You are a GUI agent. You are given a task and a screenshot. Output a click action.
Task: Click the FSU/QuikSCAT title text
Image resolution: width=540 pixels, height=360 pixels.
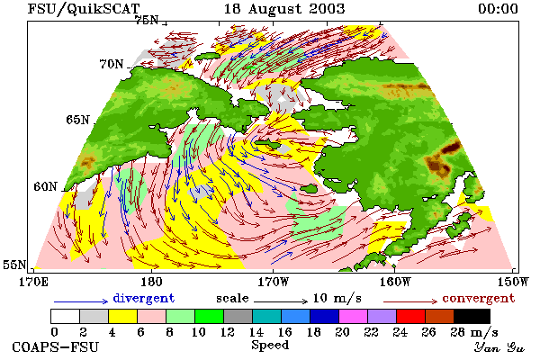(84, 9)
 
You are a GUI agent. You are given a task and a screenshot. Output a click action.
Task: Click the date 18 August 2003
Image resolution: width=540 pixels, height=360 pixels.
(284, 9)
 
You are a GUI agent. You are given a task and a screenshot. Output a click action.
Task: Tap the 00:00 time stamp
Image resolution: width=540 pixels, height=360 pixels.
(498, 9)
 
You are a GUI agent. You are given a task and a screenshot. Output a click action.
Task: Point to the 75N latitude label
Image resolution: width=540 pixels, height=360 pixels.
(147, 20)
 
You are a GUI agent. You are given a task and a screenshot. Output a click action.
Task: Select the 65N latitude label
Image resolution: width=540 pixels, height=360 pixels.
(77, 120)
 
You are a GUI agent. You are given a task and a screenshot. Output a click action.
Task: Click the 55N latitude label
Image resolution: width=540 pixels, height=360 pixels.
(14, 265)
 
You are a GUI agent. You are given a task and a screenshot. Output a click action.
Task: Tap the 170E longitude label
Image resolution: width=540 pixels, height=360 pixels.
(33, 282)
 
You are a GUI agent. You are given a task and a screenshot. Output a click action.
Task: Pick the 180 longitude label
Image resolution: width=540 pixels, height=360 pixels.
(151, 282)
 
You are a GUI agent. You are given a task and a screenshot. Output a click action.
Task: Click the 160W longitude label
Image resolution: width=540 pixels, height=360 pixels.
(395, 282)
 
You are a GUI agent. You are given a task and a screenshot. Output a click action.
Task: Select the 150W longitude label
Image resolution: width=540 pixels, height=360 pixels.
(513, 282)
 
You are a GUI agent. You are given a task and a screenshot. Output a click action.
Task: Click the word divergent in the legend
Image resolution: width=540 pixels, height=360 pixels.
(144, 298)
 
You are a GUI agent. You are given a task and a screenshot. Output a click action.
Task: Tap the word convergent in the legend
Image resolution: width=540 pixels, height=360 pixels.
(479, 298)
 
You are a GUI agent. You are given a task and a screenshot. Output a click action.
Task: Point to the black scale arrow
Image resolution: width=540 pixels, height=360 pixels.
(281, 301)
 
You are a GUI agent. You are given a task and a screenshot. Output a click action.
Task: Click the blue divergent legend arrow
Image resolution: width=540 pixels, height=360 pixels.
(81, 301)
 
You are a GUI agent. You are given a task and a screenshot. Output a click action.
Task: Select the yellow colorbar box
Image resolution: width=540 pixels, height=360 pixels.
(122, 316)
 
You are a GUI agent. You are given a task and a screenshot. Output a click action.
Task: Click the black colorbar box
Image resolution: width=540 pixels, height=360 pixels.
(472, 316)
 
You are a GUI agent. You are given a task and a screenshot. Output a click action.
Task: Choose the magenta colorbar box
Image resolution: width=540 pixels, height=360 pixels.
(353, 316)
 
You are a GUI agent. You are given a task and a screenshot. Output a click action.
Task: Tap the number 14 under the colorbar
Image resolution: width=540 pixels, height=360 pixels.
(256, 332)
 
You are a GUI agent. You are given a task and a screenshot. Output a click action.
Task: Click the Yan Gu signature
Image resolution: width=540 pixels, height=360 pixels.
(499, 347)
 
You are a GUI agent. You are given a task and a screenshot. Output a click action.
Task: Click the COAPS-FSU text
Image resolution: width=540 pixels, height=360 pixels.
(55, 346)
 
